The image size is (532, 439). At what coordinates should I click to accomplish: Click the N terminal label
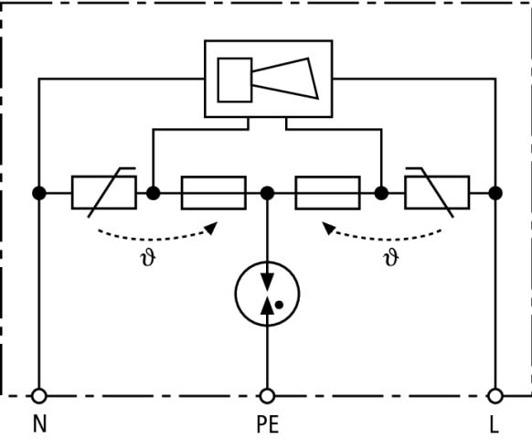tap(39, 423)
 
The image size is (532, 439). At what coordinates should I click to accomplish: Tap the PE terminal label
tap(268, 424)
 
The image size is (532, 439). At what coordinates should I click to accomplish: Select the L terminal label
tap(495, 424)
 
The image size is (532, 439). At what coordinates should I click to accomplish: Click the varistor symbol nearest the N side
tap(104, 192)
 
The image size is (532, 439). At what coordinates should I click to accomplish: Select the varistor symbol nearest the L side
tap(437, 192)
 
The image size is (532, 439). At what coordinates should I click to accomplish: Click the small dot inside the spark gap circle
tap(279, 305)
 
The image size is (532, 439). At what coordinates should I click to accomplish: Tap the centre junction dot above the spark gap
tap(267, 193)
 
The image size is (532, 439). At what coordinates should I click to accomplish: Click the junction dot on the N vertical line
tap(39, 193)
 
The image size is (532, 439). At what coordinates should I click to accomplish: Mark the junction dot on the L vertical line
tap(495, 193)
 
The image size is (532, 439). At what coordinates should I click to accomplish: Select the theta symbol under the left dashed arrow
tap(148, 258)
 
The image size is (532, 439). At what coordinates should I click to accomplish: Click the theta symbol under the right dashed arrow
tap(391, 258)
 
